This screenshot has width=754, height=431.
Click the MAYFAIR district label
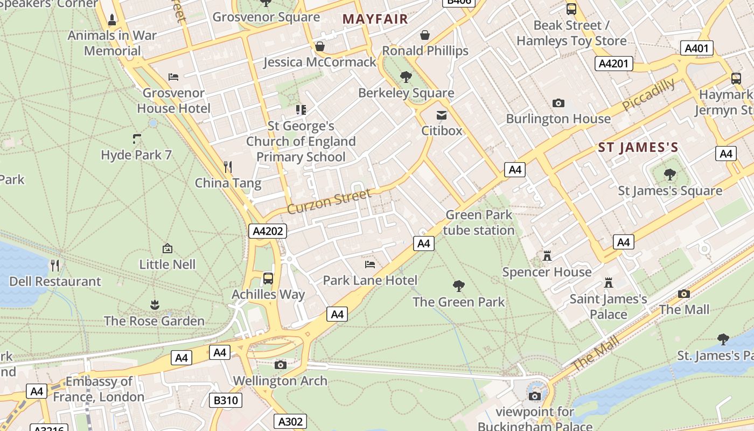pyautogui.click(x=375, y=19)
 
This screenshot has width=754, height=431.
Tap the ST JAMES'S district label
pyautogui.click(x=638, y=148)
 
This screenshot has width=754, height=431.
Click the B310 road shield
pyautogui.click(x=225, y=400)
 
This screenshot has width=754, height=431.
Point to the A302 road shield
pyautogui.click(x=290, y=421)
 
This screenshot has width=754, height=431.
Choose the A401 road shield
pyautogui.click(x=696, y=48)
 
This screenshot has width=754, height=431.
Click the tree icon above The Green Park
pyautogui.click(x=459, y=286)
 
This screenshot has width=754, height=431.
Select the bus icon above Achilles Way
pyautogui.click(x=268, y=279)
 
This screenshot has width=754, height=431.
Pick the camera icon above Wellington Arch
pyautogui.click(x=280, y=365)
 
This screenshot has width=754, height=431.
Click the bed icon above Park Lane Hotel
pyautogui.click(x=370, y=264)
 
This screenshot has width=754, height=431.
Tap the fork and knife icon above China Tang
pyautogui.click(x=228, y=167)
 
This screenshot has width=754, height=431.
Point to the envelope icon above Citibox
pyautogui.click(x=442, y=115)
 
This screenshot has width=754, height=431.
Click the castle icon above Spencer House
pyautogui.click(x=547, y=256)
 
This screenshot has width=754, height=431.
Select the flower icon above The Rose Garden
pyautogui.click(x=155, y=305)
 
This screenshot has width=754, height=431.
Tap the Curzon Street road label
pyautogui.click(x=330, y=201)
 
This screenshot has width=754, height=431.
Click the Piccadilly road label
pyautogui.click(x=648, y=95)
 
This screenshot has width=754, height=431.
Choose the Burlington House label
pyautogui.click(x=558, y=119)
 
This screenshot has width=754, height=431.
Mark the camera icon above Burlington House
pyautogui.click(x=558, y=103)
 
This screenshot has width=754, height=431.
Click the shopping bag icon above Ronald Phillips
pyautogui.click(x=425, y=35)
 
